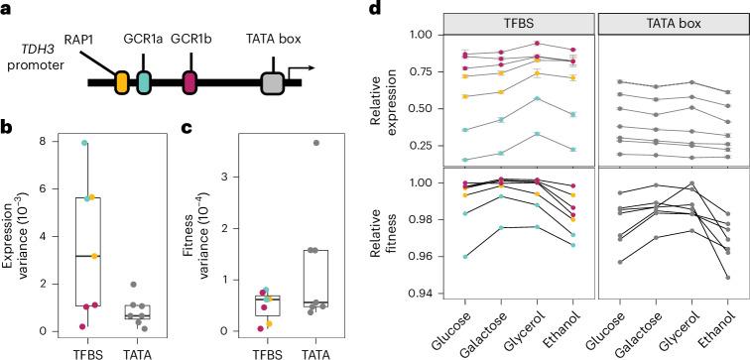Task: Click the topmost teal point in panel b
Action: (x=85, y=144)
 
